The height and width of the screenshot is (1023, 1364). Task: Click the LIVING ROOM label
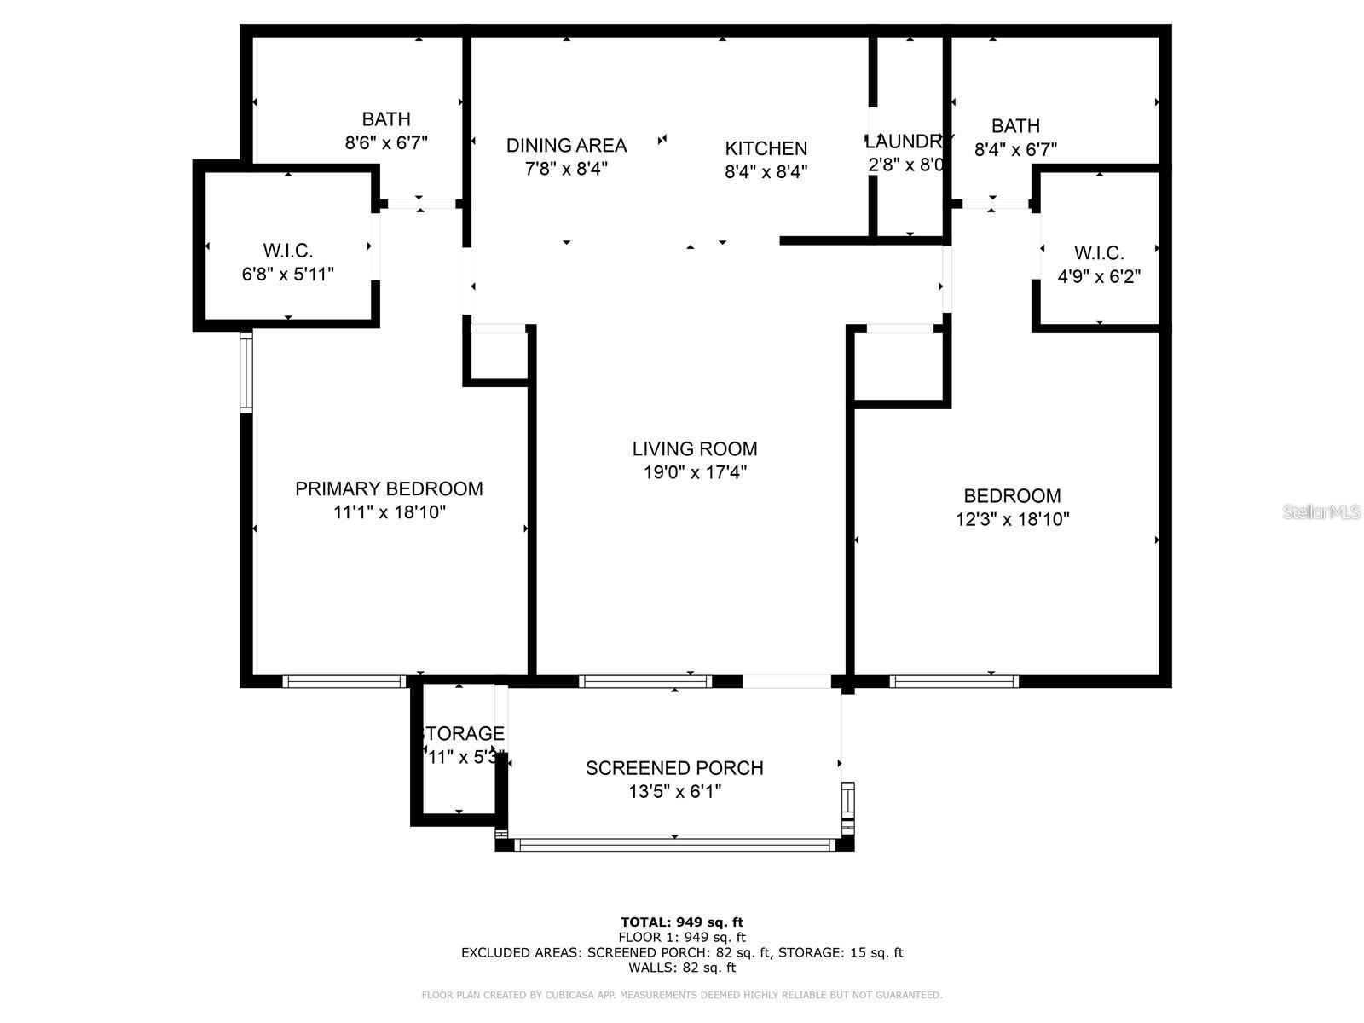tap(695, 448)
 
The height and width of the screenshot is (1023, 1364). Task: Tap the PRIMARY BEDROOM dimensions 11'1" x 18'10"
tap(390, 512)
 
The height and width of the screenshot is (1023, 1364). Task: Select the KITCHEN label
tap(766, 148)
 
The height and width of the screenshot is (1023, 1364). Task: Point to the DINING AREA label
tap(566, 145)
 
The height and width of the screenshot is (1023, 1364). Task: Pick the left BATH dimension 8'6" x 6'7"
tap(386, 142)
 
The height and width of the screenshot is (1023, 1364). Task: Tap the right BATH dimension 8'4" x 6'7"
tap(1015, 150)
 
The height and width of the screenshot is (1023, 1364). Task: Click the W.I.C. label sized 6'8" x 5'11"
tap(288, 251)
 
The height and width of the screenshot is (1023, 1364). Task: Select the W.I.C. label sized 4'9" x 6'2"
tap(1099, 253)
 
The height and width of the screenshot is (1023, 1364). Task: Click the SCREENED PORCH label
tap(674, 768)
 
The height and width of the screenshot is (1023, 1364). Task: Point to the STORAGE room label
tap(462, 733)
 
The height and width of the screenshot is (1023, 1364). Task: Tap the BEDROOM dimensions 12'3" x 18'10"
tap(1012, 519)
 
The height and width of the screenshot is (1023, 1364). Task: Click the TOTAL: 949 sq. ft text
tap(681, 922)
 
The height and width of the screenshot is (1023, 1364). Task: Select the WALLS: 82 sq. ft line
tap(681, 968)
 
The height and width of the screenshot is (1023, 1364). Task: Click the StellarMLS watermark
tap(1321, 511)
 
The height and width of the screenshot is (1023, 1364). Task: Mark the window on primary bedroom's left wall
tap(247, 371)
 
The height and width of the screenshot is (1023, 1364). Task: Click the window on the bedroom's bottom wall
tap(954, 681)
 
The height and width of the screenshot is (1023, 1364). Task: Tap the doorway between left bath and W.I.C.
tap(420, 204)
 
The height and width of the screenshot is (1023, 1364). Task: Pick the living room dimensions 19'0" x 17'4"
tap(695, 472)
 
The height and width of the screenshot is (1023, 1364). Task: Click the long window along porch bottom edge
tap(674, 845)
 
